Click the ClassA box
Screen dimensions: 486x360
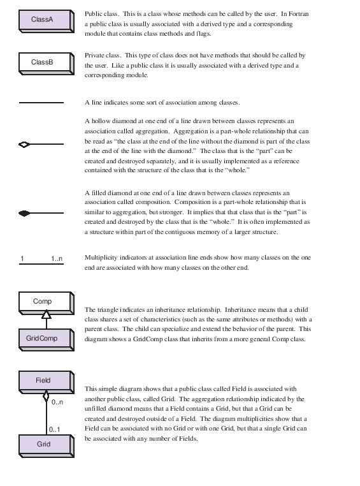tap(42, 20)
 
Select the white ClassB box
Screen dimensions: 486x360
tap(42, 63)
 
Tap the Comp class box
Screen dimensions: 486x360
tap(43, 300)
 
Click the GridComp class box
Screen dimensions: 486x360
tap(42, 338)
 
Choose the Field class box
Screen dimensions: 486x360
tap(43, 381)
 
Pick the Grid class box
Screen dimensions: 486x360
tap(43, 443)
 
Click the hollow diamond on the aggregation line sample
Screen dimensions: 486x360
tap(25, 145)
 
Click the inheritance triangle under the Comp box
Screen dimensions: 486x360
tap(46, 314)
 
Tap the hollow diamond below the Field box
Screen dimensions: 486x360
tap(46, 396)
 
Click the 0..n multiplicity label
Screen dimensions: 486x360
tap(57, 402)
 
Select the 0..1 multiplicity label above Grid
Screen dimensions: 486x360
tap(55, 429)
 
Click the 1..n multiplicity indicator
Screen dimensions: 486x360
tap(57, 258)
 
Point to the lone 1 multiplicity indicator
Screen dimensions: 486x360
tap(22, 258)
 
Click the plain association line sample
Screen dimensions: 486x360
tap(42, 102)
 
